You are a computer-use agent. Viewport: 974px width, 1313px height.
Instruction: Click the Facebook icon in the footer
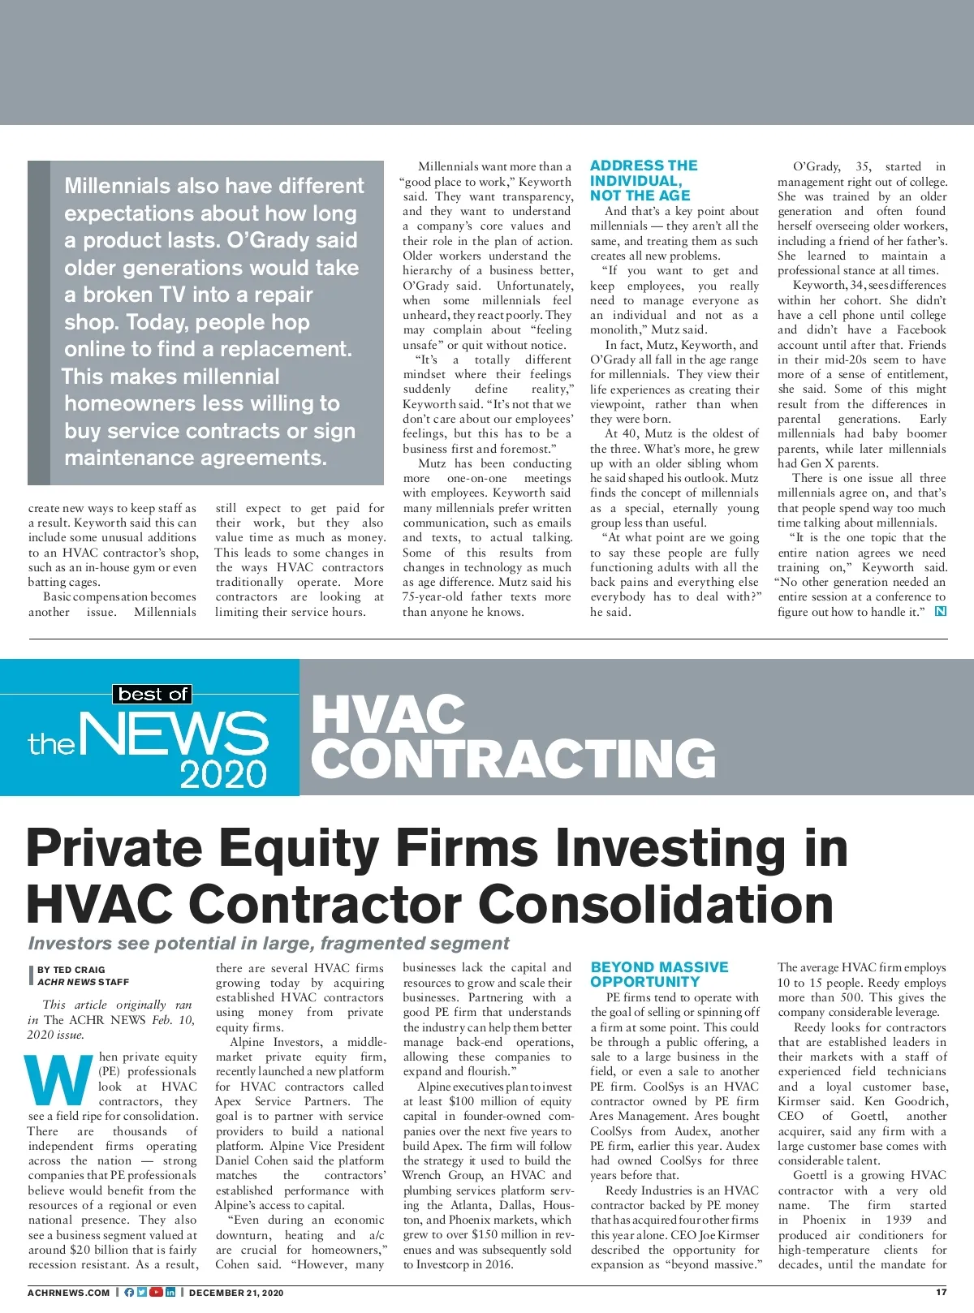130,1293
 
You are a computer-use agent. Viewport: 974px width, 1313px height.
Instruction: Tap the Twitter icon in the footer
142,1293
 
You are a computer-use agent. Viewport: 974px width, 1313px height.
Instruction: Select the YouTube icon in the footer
156,1293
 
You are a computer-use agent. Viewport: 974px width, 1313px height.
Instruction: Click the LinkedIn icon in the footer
170,1293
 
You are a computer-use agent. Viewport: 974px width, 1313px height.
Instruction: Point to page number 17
941,1293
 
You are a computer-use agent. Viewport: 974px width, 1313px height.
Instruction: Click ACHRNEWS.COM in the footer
68,1293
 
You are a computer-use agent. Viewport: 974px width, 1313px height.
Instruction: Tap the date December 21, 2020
236,1293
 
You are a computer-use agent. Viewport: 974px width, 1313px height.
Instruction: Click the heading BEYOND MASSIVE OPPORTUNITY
659,974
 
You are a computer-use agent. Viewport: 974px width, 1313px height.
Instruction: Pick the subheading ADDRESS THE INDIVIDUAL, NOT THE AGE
644,180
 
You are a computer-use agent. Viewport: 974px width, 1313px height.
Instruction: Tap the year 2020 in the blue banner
223,774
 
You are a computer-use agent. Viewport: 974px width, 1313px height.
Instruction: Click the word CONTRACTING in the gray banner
514,760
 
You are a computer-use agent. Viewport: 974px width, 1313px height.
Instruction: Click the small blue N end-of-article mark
940,611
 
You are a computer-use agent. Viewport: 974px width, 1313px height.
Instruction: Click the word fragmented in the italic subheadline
372,943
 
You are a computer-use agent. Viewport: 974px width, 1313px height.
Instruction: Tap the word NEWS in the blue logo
174,734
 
